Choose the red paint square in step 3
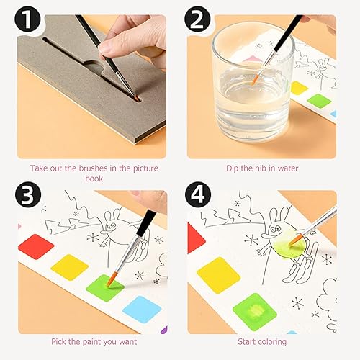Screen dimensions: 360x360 click(x=36, y=247)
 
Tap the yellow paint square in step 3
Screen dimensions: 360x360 click(x=70, y=267)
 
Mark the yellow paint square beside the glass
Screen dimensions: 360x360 click(x=299, y=89)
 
